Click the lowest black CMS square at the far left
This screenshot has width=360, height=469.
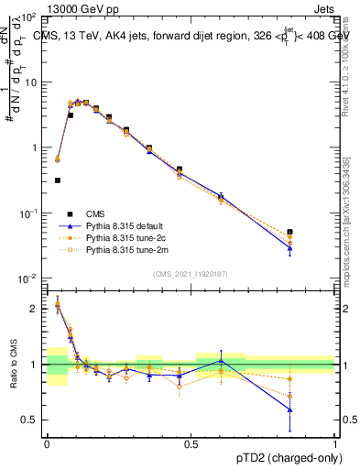point(58,180)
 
